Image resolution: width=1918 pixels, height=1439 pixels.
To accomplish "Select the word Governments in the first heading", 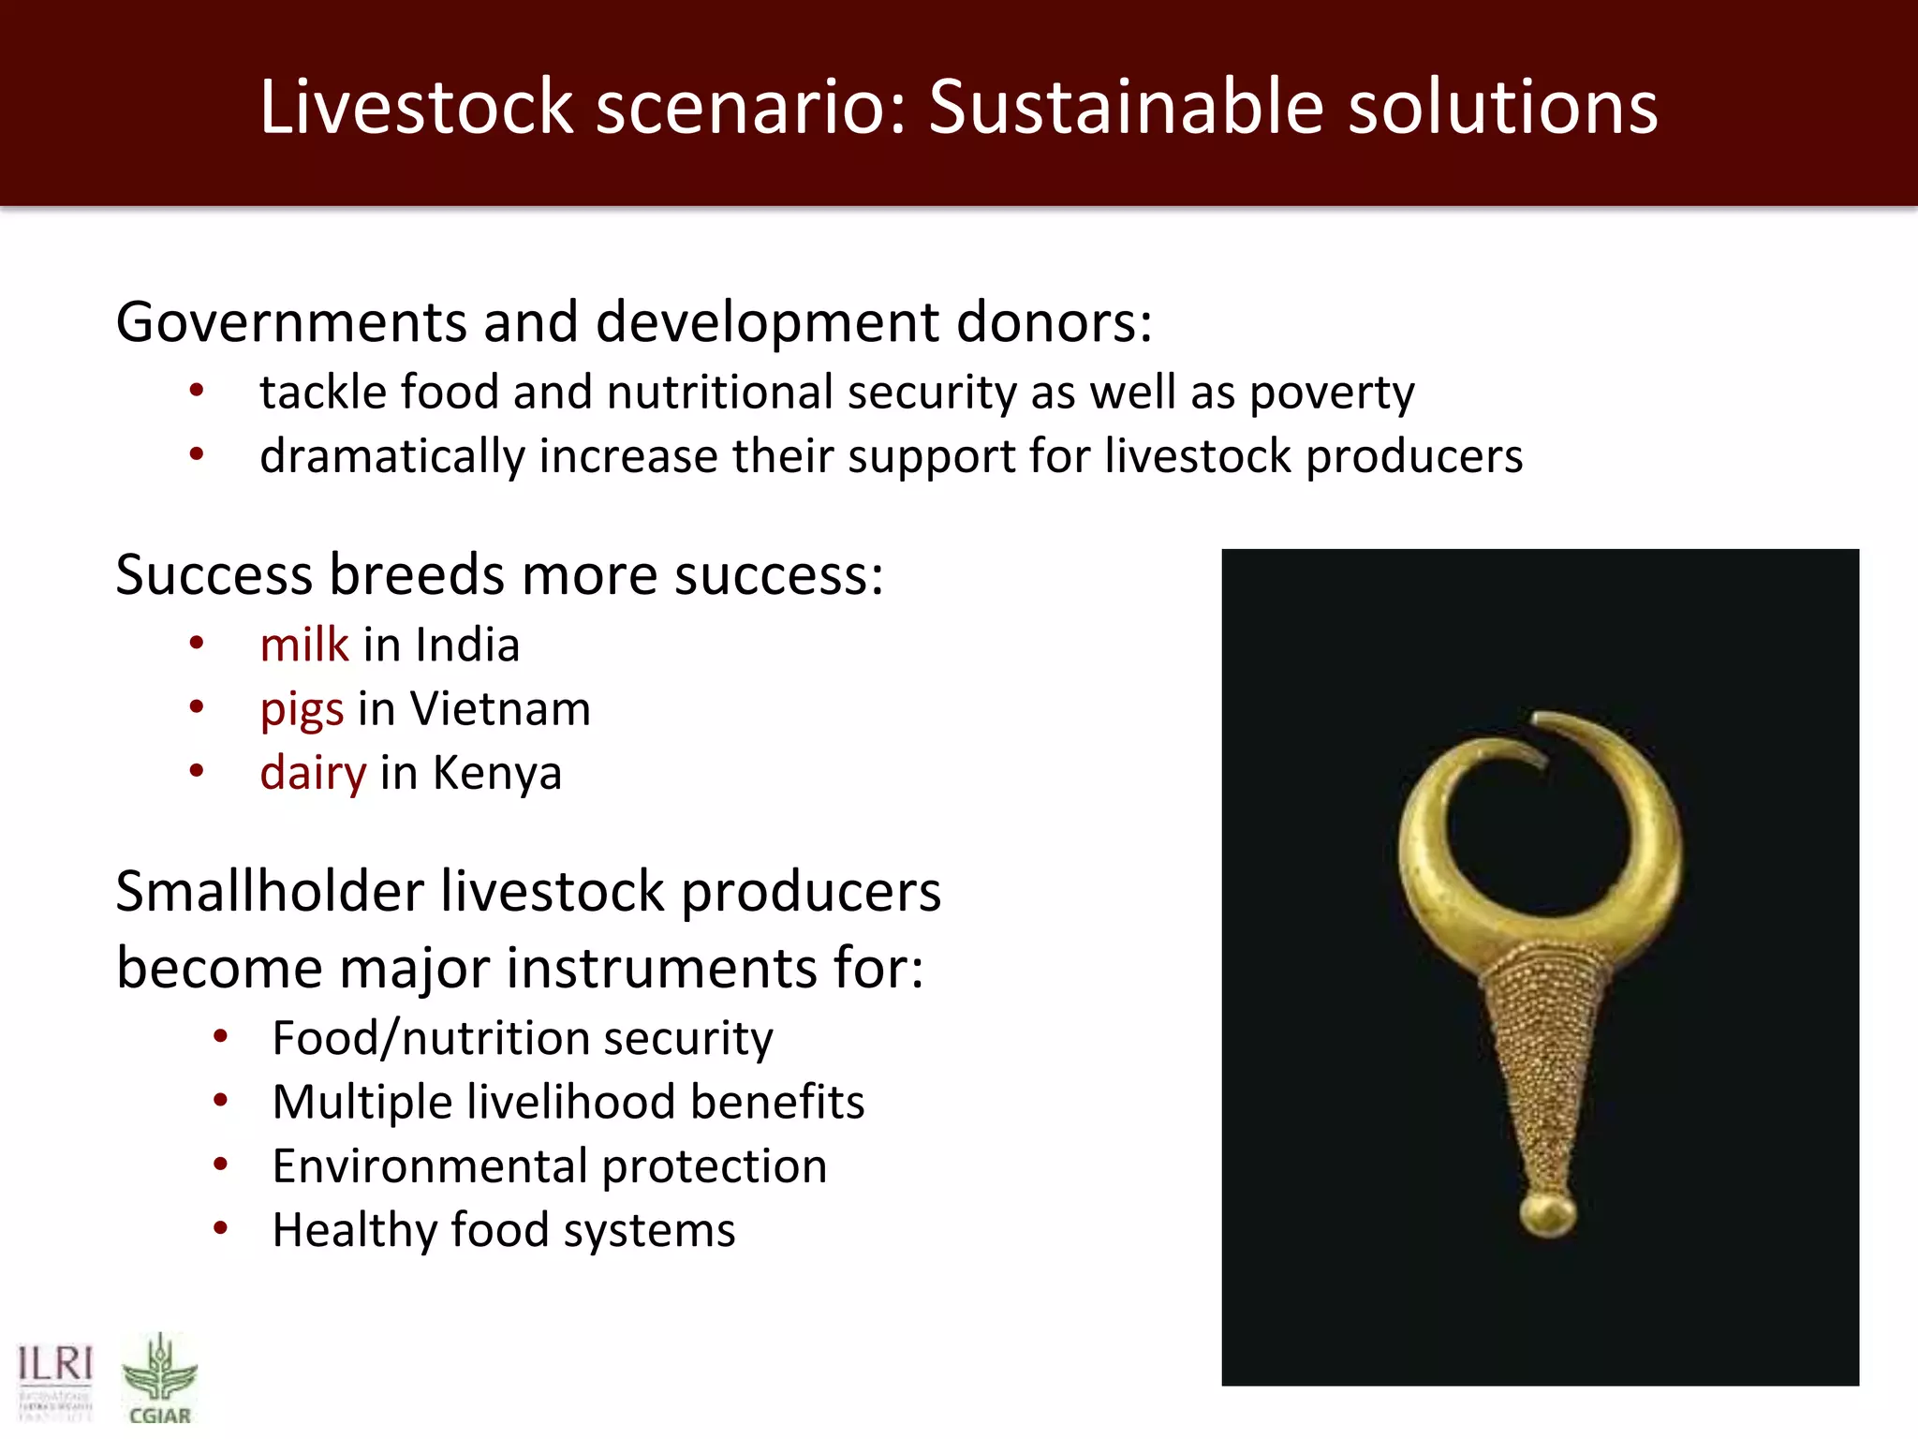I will (x=290, y=322).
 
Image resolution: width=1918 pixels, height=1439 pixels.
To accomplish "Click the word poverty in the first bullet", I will (x=1331, y=393).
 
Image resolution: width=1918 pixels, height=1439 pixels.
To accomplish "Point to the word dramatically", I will (x=391, y=457).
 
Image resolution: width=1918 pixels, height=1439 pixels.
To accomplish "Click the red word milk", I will (x=304, y=645).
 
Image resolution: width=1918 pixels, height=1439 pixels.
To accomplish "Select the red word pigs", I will (x=302, y=710).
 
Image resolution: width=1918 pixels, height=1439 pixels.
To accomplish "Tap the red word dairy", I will (x=313, y=774).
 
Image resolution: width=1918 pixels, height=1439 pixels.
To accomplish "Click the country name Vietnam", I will (x=500, y=708).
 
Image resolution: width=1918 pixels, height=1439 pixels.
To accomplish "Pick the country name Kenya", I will (x=496, y=774).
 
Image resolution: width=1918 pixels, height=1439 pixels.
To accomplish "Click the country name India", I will (x=466, y=645).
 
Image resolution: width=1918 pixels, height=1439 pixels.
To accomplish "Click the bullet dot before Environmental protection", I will (x=221, y=1165).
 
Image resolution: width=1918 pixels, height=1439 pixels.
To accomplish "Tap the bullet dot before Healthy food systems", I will (x=221, y=1228).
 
